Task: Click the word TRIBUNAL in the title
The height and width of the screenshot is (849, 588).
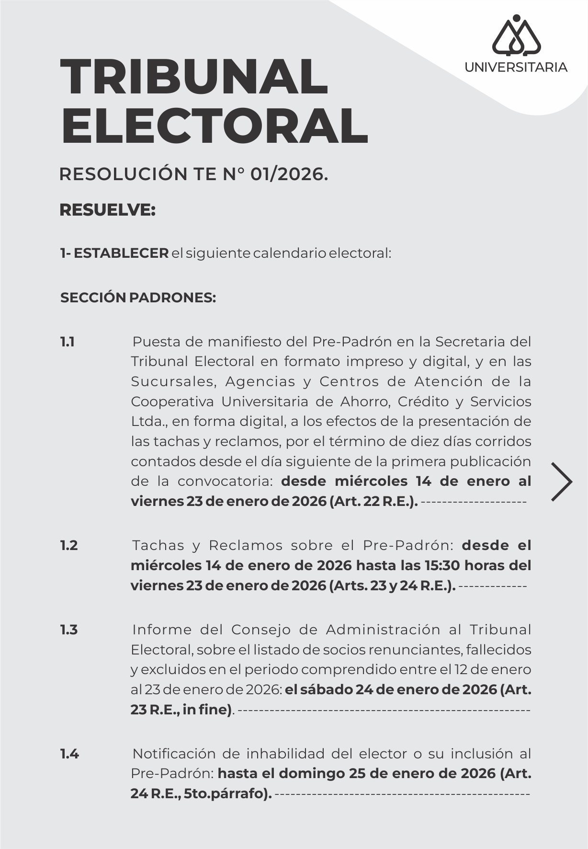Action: pyautogui.click(x=194, y=78)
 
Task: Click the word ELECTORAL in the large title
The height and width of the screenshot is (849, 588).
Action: pyautogui.click(x=215, y=126)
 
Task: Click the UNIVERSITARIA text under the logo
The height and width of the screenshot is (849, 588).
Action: pyautogui.click(x=516, y=67)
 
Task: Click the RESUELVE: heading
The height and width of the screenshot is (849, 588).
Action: pyautogui.click(x=107, y=210)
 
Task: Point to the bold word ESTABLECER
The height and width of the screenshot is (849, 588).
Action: pyautogui.click(x=121, y=253)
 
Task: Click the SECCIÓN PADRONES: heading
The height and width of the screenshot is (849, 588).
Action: pyautogui.click(x=138, y=298)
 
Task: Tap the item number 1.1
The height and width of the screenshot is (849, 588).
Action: pyautogui.click(x=67, y=342)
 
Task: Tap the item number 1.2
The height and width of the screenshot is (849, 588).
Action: pyautogui.click(x=68, y=545)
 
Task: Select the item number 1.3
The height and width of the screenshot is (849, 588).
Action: pyautogui.click(x=68, y=630)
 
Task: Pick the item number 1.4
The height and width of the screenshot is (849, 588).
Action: pyautogui.click(x=69, y=754)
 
